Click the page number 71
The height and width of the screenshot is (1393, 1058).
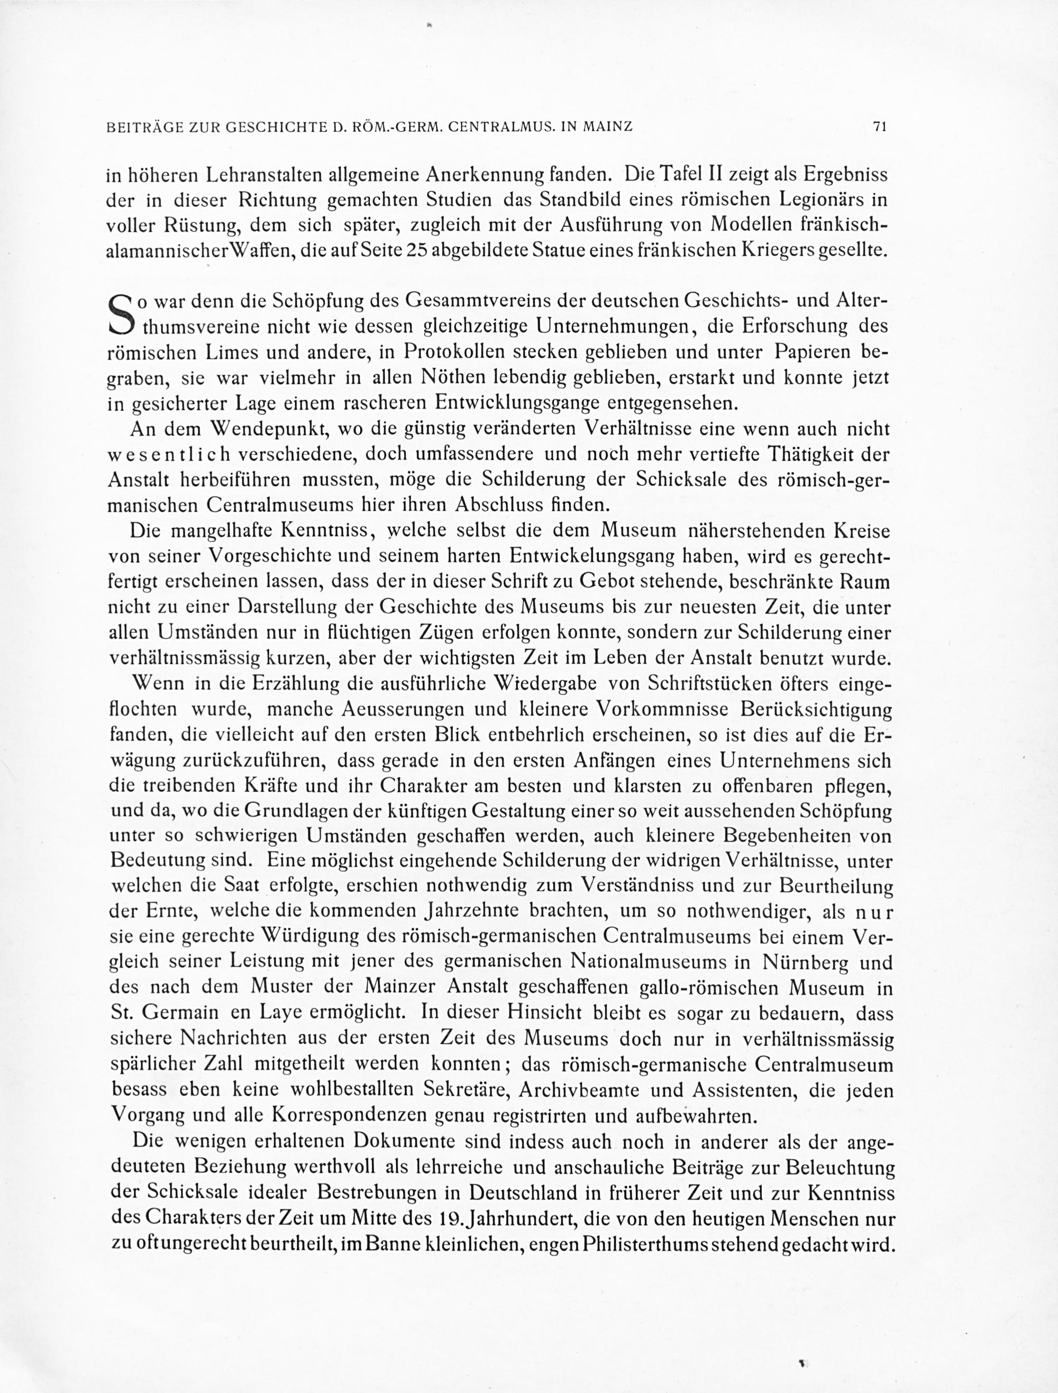(x=879, y=126)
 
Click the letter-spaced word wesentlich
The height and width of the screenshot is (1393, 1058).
(x=169, y=455)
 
